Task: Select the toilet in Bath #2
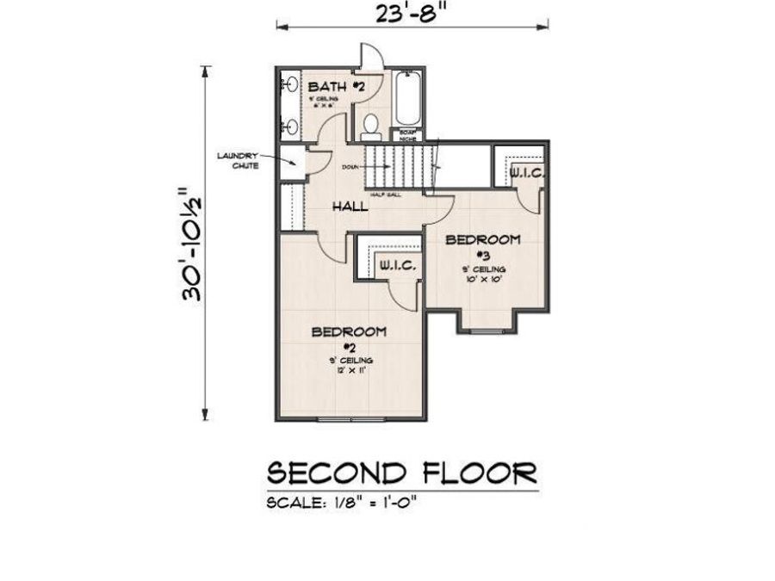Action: point(371,127)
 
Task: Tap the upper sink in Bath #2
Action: point(290,85)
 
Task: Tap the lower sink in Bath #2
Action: point(290,126)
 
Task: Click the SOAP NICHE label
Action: point(405,136)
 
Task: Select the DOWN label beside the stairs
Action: point(350,166)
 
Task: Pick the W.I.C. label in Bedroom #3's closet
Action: point(524,173)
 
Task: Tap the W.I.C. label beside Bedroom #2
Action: point(398,267)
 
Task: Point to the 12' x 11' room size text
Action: point(349,369)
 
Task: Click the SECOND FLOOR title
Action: point(402,473)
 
